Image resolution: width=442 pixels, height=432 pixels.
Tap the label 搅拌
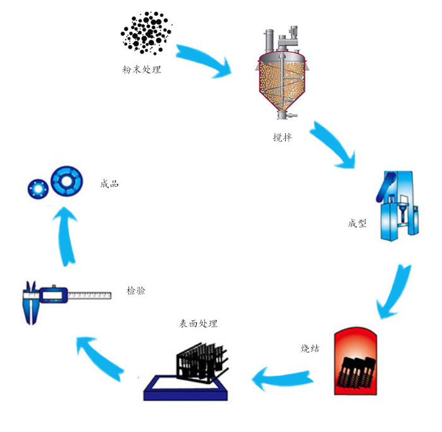282,137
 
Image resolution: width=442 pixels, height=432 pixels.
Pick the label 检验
136,291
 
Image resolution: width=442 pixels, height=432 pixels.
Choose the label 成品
109,184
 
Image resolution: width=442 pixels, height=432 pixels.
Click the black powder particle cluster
146,33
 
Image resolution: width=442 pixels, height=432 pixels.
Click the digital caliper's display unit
53,294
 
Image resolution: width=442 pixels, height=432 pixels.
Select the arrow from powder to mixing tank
204,60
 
